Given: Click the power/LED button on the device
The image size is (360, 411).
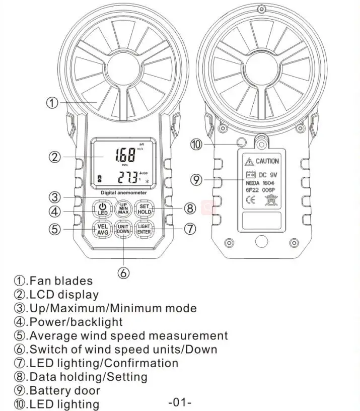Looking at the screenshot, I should tap(102, 209).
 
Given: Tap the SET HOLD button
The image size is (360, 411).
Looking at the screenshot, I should tap(145, 209).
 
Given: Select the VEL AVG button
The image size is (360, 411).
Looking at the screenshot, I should tap(102, 229).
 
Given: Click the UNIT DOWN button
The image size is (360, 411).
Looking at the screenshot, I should tap(123, 229).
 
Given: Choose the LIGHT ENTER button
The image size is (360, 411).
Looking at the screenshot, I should tap(145, 229).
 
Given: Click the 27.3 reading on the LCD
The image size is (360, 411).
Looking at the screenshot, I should tap(128, 177).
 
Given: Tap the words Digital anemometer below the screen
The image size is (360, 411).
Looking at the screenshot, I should tap(124, 192).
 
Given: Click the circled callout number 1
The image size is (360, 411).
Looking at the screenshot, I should tap(52, 103).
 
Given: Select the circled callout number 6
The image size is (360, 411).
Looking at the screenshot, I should tap(124, 273).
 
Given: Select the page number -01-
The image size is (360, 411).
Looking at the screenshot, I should tap(180, 402).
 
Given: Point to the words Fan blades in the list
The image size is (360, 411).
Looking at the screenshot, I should tap(60, 281).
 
